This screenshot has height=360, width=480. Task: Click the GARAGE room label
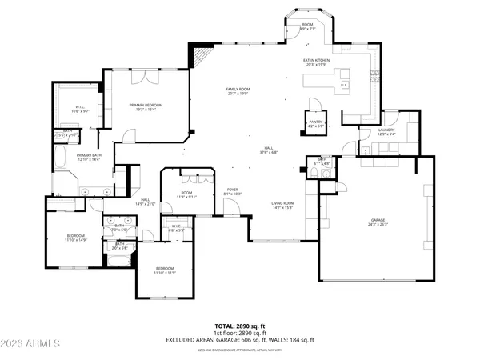click(x=378, y=222)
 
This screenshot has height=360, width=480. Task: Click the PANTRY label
click(x=315, y=123)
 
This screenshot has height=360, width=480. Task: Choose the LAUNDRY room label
click(x=388, y=132)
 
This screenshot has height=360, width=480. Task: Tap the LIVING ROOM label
click(x=282, y=206)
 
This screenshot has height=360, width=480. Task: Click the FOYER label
click(x=232, y=190)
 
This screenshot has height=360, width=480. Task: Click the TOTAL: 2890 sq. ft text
click(x=240, y=327)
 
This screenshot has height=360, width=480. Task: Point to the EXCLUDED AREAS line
click(x=240, y=340)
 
